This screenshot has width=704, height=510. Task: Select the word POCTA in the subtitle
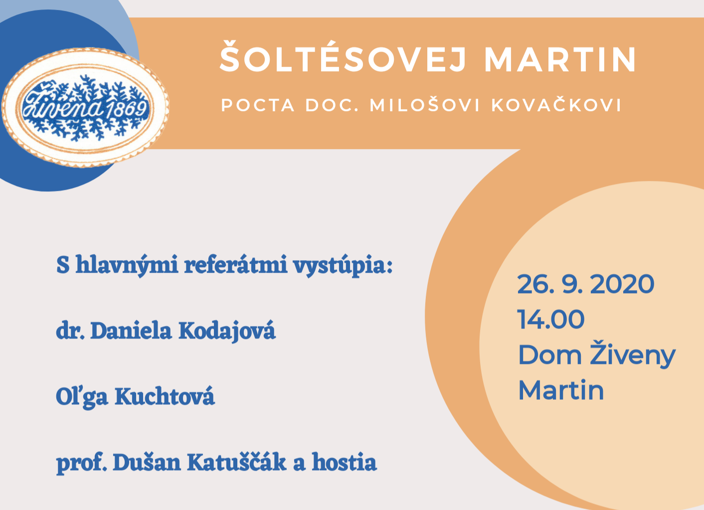[x=258, y=105]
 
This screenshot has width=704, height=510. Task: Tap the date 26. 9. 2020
[x=585, y=284]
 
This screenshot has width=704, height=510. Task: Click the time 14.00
[x=551, y=319]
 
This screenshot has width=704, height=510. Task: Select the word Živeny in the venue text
[x=633, y=353]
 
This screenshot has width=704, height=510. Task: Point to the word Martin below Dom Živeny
[x=561, y=390]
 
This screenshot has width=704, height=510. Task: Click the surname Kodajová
[x=227, y=331]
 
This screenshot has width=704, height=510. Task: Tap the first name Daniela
[x=131, y=332]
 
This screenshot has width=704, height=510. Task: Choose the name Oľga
[x=82, y=397]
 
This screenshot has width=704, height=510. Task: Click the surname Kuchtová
[x=165, y=396]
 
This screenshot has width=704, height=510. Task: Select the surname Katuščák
[x=237, y=461]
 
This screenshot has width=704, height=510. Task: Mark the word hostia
[x=344, y=462]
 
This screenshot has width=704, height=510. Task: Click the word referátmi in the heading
[x=236, y=265]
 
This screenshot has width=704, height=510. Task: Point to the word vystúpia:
[x=343, y=267]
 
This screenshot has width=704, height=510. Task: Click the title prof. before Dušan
[x=82, y=463]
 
